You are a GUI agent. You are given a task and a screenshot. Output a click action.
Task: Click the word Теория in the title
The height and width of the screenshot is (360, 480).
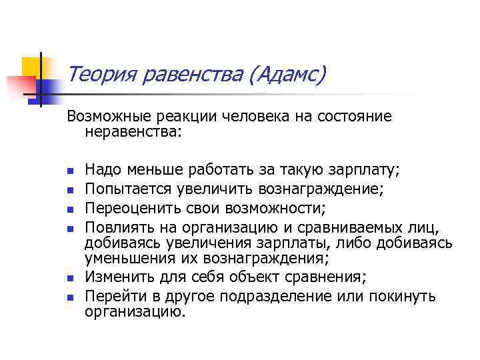tap(101, 75)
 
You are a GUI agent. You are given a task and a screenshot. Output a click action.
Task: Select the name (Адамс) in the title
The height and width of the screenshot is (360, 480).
tap(286, 75)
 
